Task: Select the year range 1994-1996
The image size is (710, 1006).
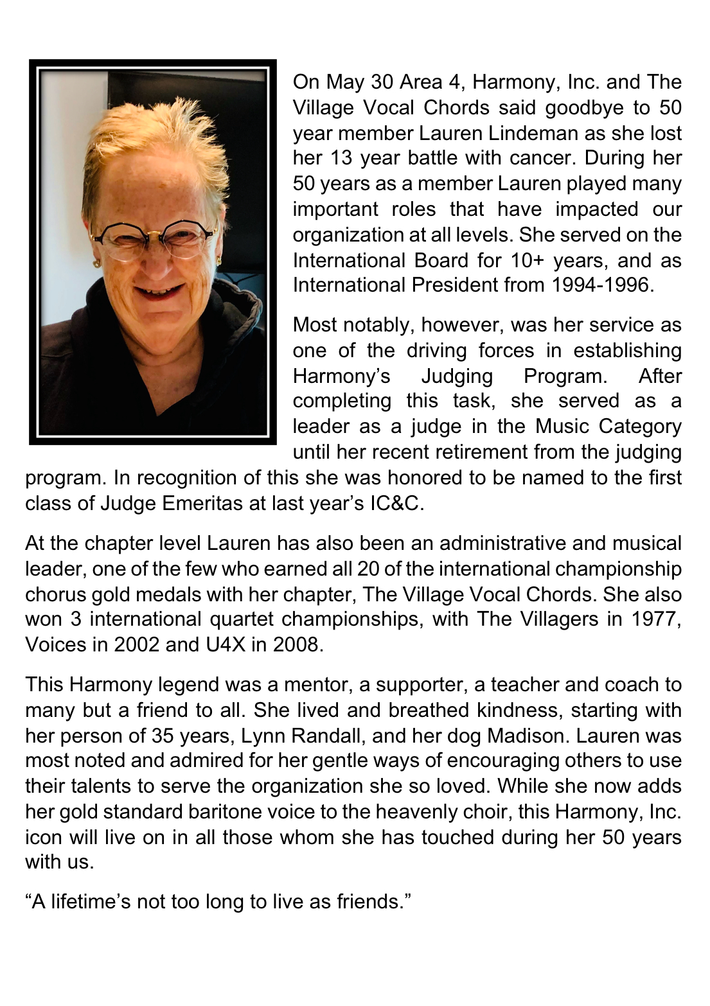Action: pos(602,285)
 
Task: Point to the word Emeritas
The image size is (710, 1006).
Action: pos(204,503)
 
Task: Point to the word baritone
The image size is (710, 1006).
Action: pos(227,811)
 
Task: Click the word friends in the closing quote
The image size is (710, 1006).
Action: pos(371,902)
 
